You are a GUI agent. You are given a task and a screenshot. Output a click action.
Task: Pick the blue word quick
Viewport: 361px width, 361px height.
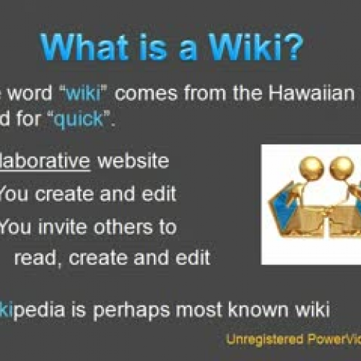click(71, 119)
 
